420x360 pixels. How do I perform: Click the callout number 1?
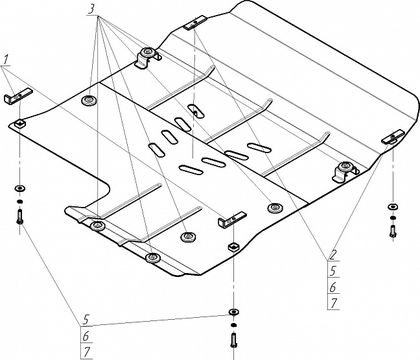pyautogui.click(x=6, y=60)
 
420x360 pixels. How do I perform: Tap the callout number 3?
pyautogui.click(x=91, y=9)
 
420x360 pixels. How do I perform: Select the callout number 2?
pyautogui.click(x=333, y=256)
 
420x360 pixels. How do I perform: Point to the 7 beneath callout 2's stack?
pyautogui.click(x=334, y=303)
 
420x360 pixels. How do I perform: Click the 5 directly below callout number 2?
pyautogui.click(x=333, y=271)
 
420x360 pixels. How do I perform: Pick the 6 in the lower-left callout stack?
pyautogui.click(x=86, y=336)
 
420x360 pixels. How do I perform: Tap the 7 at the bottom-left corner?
pyautogui.click(x=87, y=352)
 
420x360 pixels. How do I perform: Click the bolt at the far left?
pyautogui.click(x=19, y=216)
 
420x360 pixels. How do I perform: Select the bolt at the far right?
pyautogui.click(x=393, y=231)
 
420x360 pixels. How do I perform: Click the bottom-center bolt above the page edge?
pyautogui.click(x=233, y=341)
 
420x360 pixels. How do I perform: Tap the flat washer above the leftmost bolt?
pyautogui.click(x=19, y=189)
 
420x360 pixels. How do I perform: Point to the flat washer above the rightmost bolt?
pyautogui.click(x=393, y=207)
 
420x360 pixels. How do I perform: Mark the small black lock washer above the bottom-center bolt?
pyautogui.click(x=233, y=325)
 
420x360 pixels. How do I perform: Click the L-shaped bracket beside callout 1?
pyautogui.click(x=18, y=95)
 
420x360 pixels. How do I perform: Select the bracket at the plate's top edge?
pyautogui.click(x=195, y=23)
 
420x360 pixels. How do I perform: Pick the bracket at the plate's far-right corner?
pyautogui.click(x=393, y=137)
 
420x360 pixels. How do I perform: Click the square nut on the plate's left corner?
pyautogui.click(x=21, y=124)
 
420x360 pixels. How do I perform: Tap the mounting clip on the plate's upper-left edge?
pyautogui.click(x=146, y=57)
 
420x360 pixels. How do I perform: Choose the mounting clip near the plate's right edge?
pyautogui.click(x=345, y=171)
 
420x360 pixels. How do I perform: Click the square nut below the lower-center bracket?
pyautogui.click(x=233, y=247)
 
